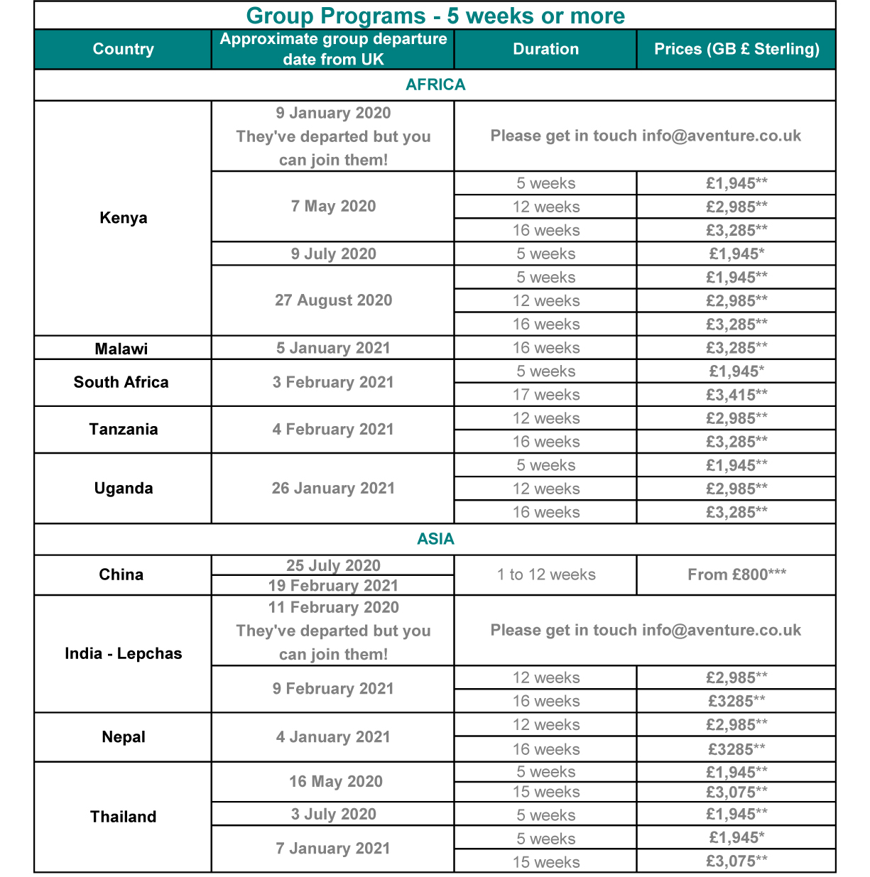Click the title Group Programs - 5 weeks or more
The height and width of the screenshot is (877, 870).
coord(435,16)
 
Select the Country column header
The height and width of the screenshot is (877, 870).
coord(123,49)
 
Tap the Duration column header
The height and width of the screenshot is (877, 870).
coord(545,49)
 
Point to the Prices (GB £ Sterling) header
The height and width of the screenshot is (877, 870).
coord(736,49)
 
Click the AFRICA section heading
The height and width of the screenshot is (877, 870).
coord(435,85)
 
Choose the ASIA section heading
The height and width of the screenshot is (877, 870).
coord(435,539)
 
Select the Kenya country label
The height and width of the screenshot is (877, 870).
coord(123,217)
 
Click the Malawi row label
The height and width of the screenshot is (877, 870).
coord(121,349)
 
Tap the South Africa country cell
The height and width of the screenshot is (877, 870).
coord(121,382)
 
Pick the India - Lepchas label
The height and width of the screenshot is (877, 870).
coord(123,653)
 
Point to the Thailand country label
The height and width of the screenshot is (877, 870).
coord(123,817)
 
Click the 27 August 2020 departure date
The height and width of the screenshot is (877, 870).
coord(333,300)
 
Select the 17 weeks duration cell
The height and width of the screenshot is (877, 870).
coord(545,395)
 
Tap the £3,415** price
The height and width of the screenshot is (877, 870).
coord(736,395)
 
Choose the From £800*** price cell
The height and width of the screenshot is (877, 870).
coord(736,574)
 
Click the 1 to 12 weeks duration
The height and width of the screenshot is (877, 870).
coord(545,574)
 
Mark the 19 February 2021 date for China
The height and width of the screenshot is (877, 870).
coord(333,586)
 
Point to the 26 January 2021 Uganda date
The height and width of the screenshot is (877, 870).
coord(333,489)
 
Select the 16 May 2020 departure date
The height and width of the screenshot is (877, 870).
coord(335,782)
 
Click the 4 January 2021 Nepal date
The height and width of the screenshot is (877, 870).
coord(333,737)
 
